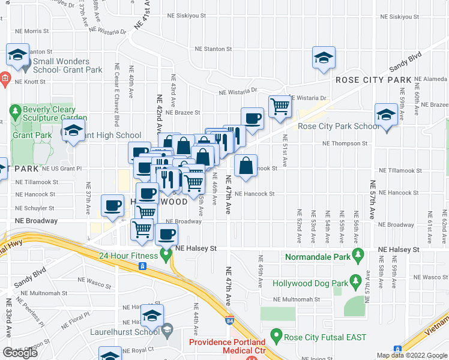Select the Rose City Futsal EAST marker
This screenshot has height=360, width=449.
pos(276,335)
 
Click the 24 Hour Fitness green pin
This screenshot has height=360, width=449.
pos(166,256)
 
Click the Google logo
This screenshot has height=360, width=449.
pos(20,353)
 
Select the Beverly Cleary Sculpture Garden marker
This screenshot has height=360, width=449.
pos(15,111)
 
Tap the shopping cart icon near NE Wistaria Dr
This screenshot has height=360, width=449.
pos(279,107)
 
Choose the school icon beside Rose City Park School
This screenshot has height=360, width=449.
pos(385,114)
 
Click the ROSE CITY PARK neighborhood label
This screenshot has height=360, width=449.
pos(373,79)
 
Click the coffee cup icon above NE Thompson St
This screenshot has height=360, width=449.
pos(252,118)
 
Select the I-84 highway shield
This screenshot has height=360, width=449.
pos(229,322)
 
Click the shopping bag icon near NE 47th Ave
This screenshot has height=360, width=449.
pos(246,166)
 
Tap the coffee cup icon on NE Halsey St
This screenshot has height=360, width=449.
pos(166,233)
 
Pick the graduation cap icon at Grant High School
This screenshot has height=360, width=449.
pos(73,130)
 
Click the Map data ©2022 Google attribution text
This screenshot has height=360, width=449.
pos(411,355)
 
